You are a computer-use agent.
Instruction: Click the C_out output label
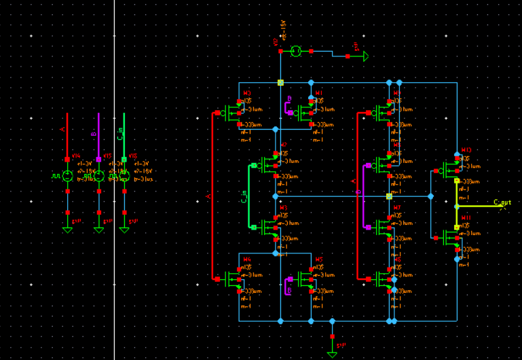click(502, 202)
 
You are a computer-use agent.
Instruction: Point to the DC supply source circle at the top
click(296, 51)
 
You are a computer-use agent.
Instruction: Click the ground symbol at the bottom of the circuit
click(332, 352)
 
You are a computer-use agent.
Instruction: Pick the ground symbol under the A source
click(67, 229)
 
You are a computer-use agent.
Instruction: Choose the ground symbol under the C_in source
click(124, 229)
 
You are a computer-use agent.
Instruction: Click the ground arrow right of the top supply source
click(365, 56)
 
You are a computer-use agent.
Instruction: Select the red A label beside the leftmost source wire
click(62, 128)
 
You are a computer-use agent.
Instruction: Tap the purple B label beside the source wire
click(94, 134)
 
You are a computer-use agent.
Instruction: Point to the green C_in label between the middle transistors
click(244, 196)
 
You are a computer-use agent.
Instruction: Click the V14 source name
click(75, 156)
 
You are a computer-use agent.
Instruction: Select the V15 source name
click(107, 156)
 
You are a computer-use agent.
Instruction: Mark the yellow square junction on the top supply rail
click(280, 83)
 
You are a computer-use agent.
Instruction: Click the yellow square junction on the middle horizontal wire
click(389, 196)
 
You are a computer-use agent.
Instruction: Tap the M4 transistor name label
click(247, 259)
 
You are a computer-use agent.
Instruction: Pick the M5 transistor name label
click(319, 259)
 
